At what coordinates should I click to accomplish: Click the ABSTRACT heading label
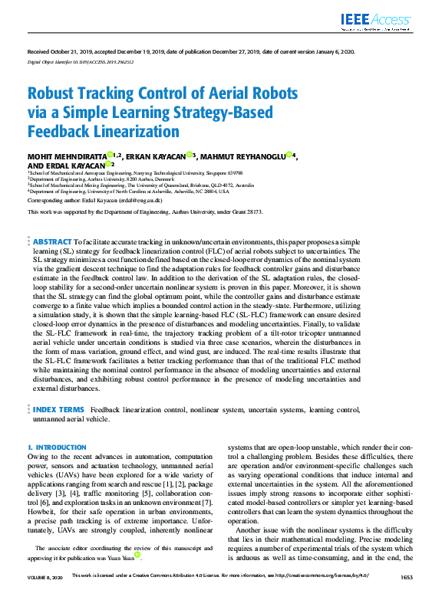pyautogui.click(x=52, y=241)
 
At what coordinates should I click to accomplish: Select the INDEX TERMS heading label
pyautogui.click(x=58, y=410)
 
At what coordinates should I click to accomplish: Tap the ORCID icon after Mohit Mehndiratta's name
pyautogui.click(x=110, y=156)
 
